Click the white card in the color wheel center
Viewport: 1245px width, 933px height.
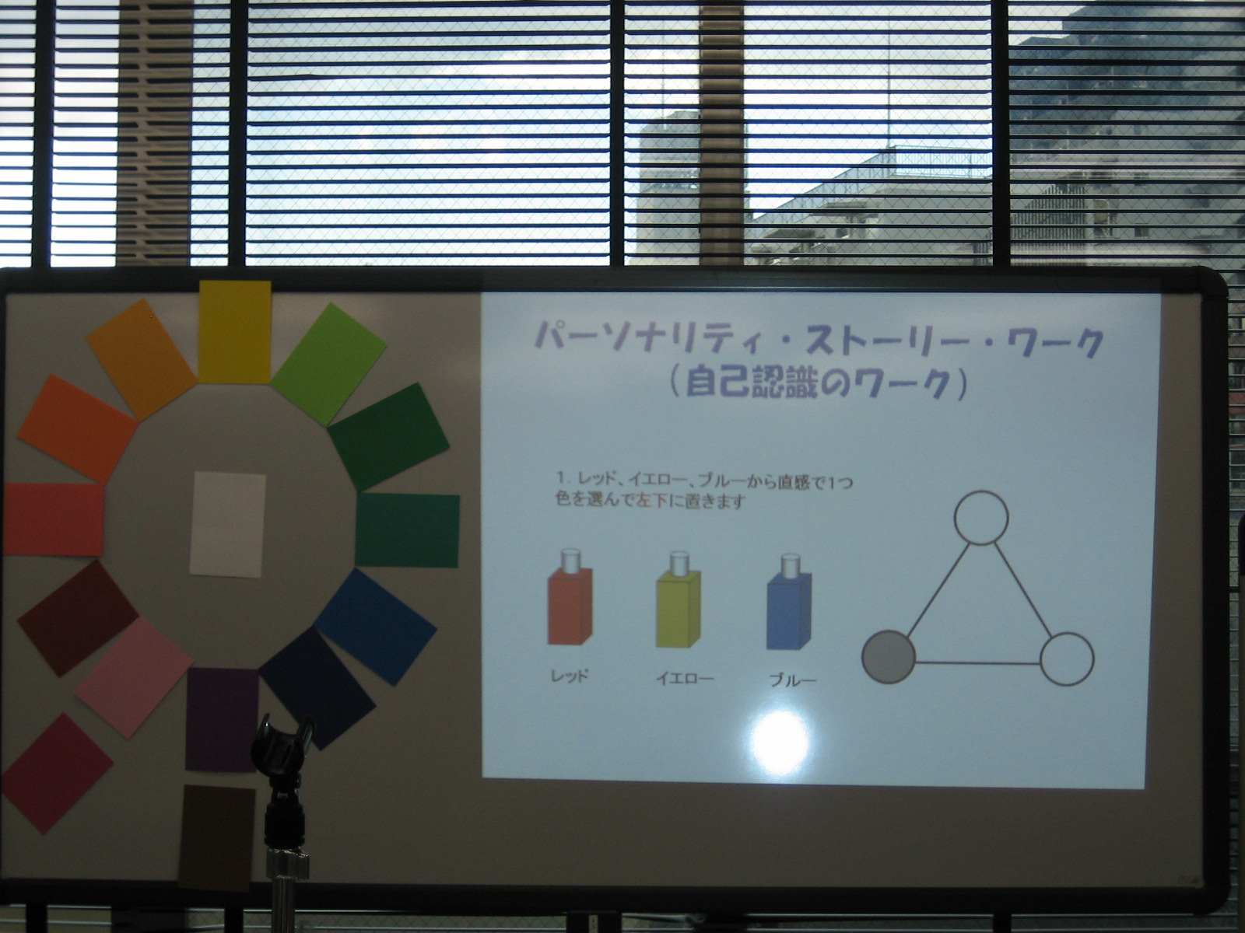pos(227,524)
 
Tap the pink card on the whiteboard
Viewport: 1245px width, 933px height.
pos(134,677)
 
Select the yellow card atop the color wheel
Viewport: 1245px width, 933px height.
pos(235,331)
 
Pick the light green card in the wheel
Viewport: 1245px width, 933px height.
pos(330,364)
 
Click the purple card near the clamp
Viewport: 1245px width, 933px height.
pos(221,719)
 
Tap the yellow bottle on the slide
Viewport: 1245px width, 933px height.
pos(679,599)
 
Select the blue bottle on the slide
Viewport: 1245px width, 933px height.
pos(789,602)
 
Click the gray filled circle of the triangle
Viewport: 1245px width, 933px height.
pos(889,656)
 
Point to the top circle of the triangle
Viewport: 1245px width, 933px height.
pos(980,518)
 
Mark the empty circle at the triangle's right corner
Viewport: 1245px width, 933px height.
pos(1067,659)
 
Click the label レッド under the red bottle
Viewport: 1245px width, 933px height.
pos(570,675)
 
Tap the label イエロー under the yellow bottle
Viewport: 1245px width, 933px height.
pos(685,678)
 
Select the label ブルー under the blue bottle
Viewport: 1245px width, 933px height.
pos(792,680)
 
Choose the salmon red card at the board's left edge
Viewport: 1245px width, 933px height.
pos(54,519)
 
